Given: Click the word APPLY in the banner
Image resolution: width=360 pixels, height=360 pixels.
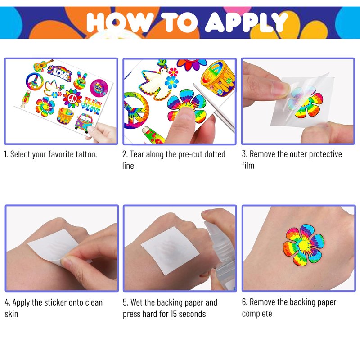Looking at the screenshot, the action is [x=246, y=22].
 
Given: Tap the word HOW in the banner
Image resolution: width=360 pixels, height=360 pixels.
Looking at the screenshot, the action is [x=117, y=22].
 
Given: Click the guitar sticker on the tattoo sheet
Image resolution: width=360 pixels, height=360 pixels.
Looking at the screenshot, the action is [x=43, y=65].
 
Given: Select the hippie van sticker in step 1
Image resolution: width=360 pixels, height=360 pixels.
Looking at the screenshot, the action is [x=84, y=122].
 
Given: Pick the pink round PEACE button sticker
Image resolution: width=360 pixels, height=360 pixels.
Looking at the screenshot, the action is [x=99, y=88].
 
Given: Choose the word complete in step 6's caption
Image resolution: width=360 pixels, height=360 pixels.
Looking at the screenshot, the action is [x=257, y=314].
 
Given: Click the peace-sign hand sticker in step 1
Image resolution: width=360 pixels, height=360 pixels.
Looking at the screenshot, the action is [x=81, y=81].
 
